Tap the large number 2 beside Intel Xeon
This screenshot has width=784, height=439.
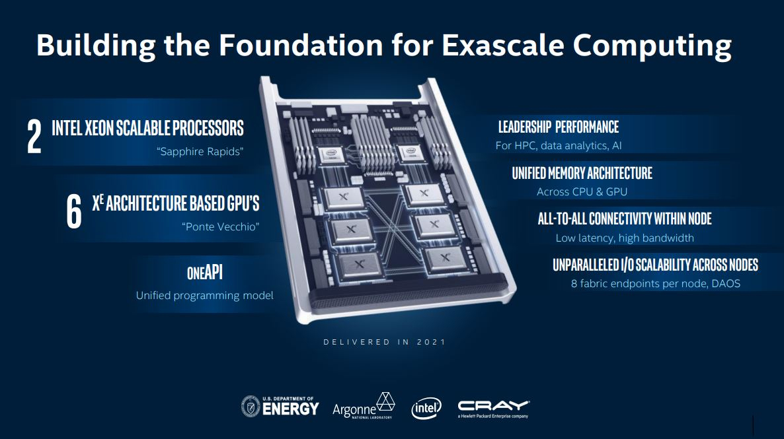pos(34,137)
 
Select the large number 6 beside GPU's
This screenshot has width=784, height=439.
pos(74,211)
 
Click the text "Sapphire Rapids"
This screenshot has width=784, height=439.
pos(200,151)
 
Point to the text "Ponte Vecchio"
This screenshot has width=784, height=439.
pos(221,226)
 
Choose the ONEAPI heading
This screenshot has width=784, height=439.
pos(204,273)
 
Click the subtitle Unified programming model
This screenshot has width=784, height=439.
pos(204,296)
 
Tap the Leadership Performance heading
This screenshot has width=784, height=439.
pos(559,127)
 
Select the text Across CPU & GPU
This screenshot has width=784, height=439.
pos(582,192)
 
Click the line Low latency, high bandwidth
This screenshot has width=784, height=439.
pos(625,238)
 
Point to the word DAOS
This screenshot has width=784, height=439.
pos(726,284)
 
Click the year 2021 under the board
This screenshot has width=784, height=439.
pos(431,342)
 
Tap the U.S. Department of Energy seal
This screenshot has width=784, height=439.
pos(251,407)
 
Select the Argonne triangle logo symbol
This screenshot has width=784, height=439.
pos(385,401)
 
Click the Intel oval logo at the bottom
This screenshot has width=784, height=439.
pos(426,409)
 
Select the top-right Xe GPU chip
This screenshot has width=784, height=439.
pos(424,193)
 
